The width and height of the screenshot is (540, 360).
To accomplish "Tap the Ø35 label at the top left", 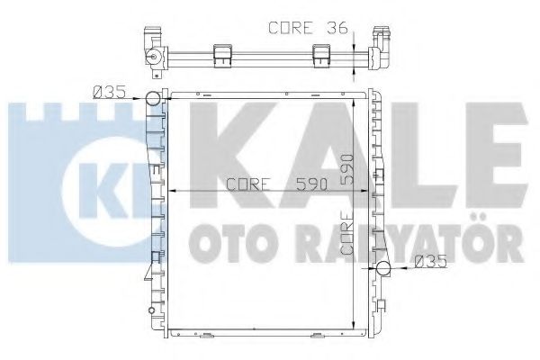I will tap(109, 89).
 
